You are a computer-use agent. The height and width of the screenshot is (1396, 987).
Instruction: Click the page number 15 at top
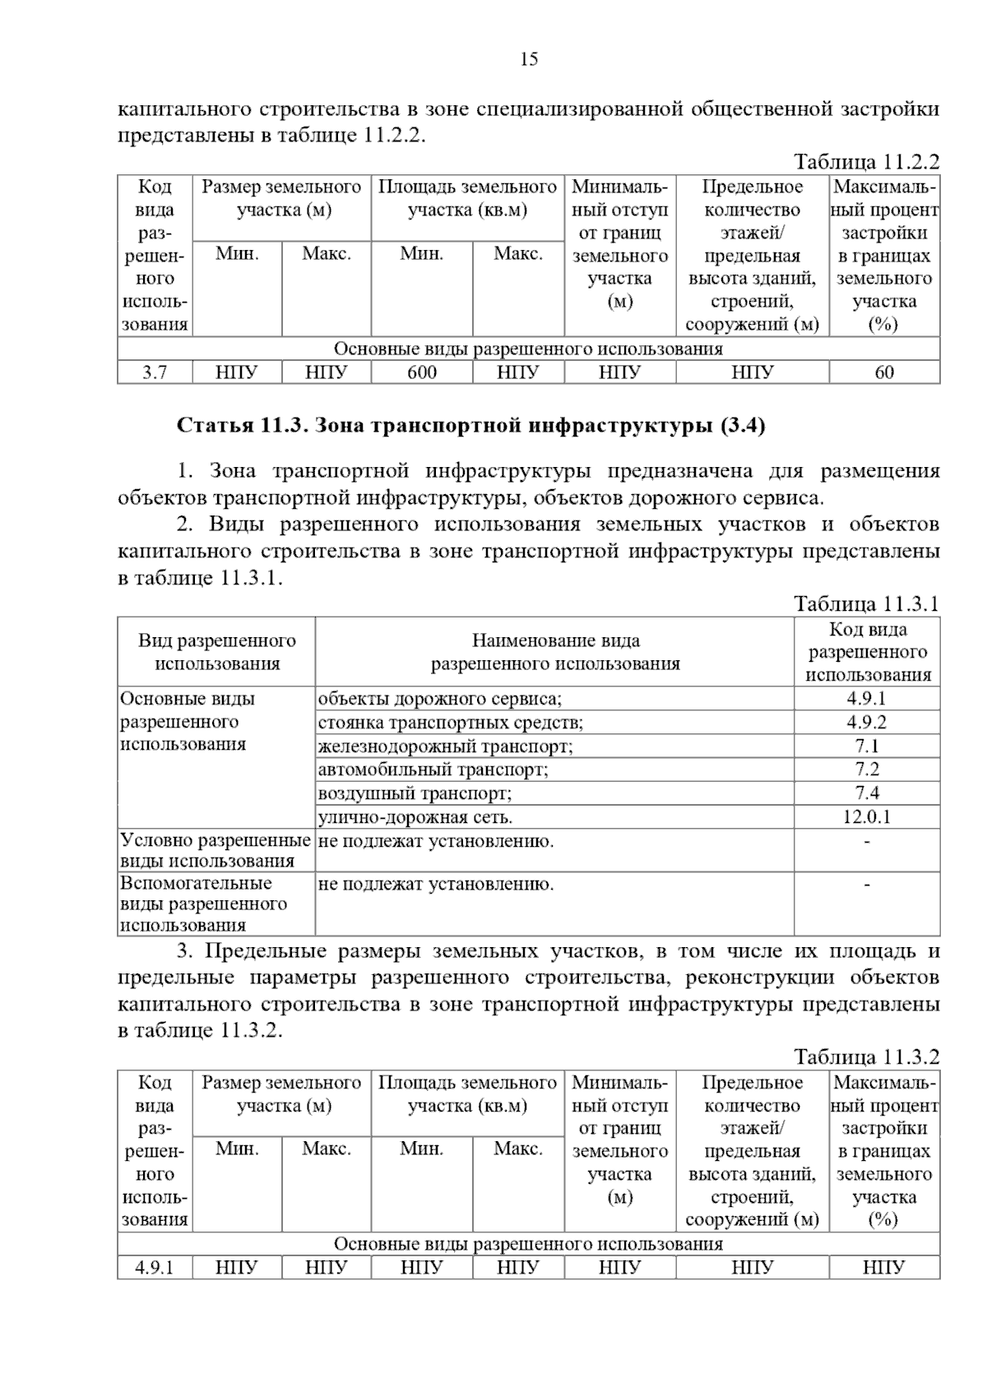click(529, 59)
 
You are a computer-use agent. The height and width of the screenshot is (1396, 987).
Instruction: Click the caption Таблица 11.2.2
click(866, 162)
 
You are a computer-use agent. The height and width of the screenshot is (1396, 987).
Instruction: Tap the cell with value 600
click(422, 372)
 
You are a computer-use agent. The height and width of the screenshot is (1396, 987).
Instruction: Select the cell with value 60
click(883, 372)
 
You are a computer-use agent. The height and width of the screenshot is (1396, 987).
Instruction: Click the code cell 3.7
click(155, 372)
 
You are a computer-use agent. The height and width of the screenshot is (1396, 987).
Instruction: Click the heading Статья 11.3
click(471, 426)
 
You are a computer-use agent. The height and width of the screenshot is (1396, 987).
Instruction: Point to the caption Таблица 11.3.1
click(866, 604)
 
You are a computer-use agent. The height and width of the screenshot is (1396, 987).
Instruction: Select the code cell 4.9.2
click(866, 723)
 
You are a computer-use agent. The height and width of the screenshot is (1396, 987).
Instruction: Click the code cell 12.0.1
click(866, 817)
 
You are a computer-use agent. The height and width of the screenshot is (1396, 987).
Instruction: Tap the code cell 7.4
click(866, 793)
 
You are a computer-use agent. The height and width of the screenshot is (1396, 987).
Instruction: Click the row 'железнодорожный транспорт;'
click(446, 747)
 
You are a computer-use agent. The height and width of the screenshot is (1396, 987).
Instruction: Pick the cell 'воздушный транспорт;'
click(415, 793)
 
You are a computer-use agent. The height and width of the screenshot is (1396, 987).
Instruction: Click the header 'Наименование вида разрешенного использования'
click(555, 652)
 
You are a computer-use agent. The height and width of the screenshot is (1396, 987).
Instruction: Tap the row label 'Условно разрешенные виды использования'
click(215, 850)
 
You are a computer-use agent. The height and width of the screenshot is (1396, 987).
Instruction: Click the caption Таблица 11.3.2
click(866, 1056)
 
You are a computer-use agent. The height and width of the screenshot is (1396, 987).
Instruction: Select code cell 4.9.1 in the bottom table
click(155, 1268)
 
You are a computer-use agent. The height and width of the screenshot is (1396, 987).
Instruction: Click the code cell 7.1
click(866, 747)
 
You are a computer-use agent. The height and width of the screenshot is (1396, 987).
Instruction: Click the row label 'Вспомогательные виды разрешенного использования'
click(204, 904)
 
